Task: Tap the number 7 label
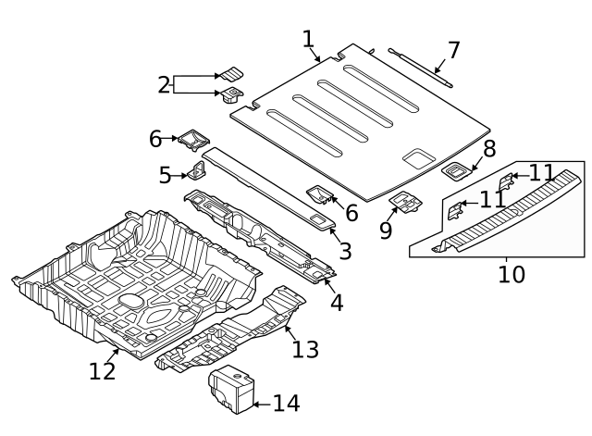pos(452,49)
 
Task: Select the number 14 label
pos(286,404)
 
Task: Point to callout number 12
pos(103,371)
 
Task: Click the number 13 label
pos(305,349)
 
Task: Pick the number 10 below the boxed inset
pos(511,275)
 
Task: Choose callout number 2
pos(165,85)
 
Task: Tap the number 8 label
pos(489,147)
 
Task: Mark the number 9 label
pos(386,230)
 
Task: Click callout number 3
pos(345,251)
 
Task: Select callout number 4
pos(337,302)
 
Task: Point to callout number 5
pos(165,175)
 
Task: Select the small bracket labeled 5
pos(197,170)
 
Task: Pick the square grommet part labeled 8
pos(456,169)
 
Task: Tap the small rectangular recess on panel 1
pos(419,158)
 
